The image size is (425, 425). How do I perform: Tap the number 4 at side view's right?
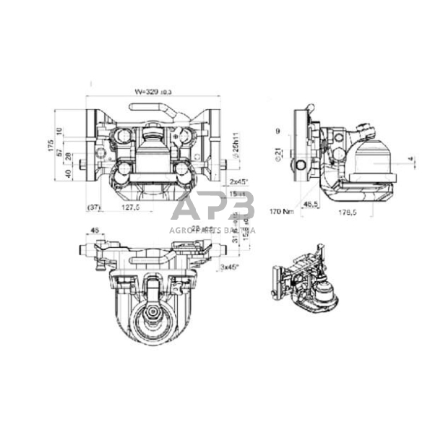(x=409, y=158)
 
